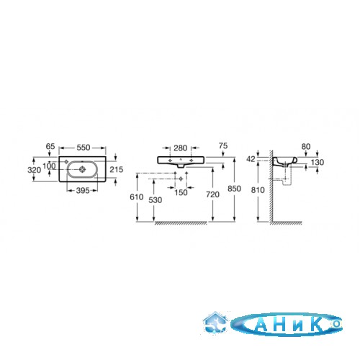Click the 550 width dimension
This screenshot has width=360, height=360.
84,148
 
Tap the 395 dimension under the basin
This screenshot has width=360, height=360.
83,191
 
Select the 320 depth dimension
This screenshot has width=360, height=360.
35,170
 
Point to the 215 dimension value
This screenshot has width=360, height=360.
117,169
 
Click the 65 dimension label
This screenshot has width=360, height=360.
50,146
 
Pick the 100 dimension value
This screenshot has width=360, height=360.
49,166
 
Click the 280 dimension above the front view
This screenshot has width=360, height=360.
181,148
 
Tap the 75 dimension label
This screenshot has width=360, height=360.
223,145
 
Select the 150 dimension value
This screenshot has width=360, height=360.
181,192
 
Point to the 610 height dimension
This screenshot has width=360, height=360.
137,197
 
